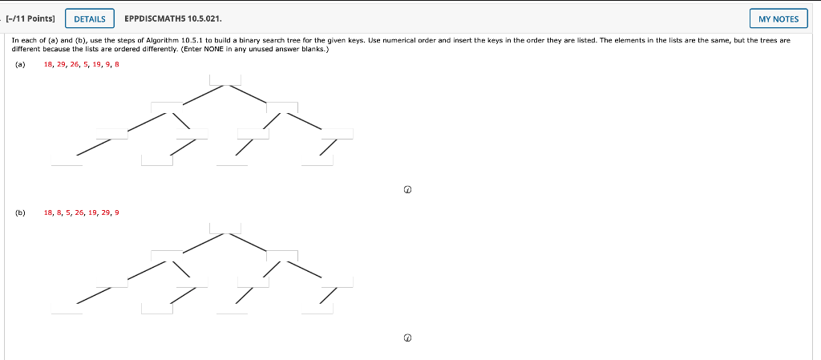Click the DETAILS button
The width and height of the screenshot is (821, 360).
point(89,18)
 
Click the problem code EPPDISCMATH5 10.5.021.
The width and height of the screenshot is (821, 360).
point(173,18)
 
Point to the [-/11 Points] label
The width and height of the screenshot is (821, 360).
point(30,18)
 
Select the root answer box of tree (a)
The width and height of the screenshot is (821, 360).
point(225,79)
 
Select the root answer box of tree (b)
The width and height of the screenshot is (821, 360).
point(225,228)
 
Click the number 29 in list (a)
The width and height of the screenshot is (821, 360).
point(63,64)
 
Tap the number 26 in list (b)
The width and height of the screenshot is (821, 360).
point(79,212)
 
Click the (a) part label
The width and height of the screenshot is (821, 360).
point(20,64)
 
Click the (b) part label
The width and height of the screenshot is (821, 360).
point(20,212)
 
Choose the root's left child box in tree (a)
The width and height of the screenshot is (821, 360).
point(167,107)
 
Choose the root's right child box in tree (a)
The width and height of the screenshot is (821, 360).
point(282,107)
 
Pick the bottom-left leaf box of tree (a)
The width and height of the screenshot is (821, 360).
point(67,160)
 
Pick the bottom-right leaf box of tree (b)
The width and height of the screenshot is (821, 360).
point(317,308)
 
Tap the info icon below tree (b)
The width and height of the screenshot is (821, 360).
point(407,338)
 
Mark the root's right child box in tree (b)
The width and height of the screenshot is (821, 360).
point(282,256)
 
